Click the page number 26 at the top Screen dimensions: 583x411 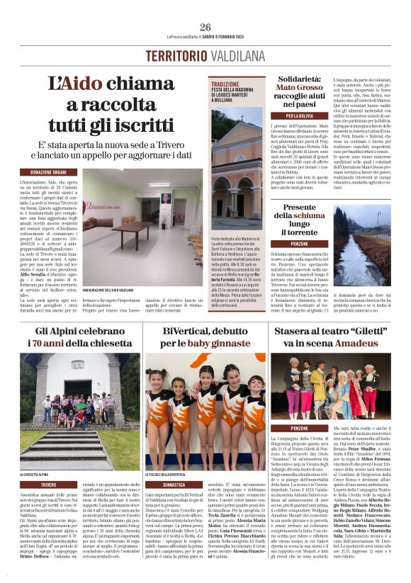[205, 28]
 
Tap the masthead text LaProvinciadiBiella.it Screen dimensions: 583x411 [185, 37]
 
